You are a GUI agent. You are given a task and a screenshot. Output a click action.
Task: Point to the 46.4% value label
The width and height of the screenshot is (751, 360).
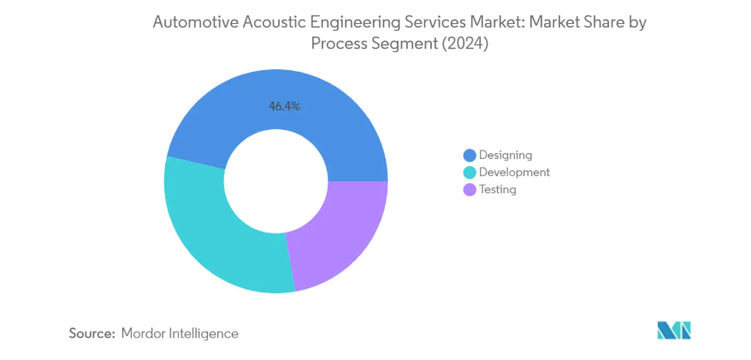coord(284,107)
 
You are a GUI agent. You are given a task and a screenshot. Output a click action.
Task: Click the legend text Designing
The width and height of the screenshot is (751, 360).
coord(506,155)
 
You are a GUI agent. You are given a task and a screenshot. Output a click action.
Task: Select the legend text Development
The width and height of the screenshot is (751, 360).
coord(514,172)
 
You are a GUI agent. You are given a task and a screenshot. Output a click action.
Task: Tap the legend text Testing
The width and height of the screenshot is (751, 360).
coord(498,189)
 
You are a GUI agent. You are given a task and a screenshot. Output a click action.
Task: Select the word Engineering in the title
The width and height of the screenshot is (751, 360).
coord(353,24)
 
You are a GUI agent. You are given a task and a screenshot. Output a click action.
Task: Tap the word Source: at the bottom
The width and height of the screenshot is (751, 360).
coord(92,333)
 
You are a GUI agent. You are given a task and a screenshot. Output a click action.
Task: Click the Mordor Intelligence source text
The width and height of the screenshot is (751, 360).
coord(180,333)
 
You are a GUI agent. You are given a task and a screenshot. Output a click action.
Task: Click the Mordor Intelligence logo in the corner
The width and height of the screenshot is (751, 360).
coord(673,330)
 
